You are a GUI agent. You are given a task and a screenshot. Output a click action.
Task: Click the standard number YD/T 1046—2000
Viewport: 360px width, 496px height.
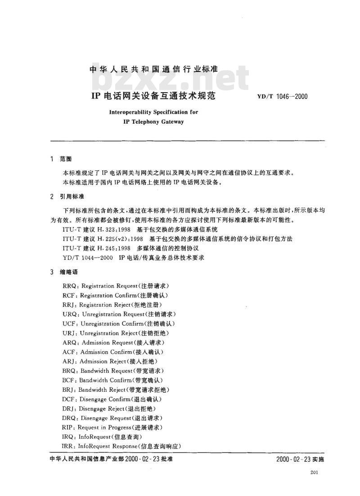coord(282,96)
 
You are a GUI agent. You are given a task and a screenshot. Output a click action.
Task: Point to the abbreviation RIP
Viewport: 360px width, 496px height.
coord(68,427)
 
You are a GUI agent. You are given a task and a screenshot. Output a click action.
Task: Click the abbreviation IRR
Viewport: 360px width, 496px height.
coord(68,446)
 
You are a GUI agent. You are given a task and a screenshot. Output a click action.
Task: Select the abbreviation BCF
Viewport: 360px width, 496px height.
coord(69,380)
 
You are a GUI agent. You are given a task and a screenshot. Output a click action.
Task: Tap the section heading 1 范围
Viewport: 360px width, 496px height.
coord(61,159)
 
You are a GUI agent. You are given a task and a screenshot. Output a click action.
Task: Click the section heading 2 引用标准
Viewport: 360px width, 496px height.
coord(67,197)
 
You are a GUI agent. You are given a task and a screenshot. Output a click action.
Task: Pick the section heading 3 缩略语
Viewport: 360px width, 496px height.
coord(64,272)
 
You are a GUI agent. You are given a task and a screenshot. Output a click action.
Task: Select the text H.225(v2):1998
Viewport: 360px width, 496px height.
coord(118,239)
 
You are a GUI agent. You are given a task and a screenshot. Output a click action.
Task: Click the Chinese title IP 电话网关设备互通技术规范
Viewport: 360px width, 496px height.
coord(154,96)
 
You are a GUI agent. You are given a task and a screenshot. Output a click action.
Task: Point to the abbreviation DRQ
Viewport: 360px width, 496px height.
coord(70,418)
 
